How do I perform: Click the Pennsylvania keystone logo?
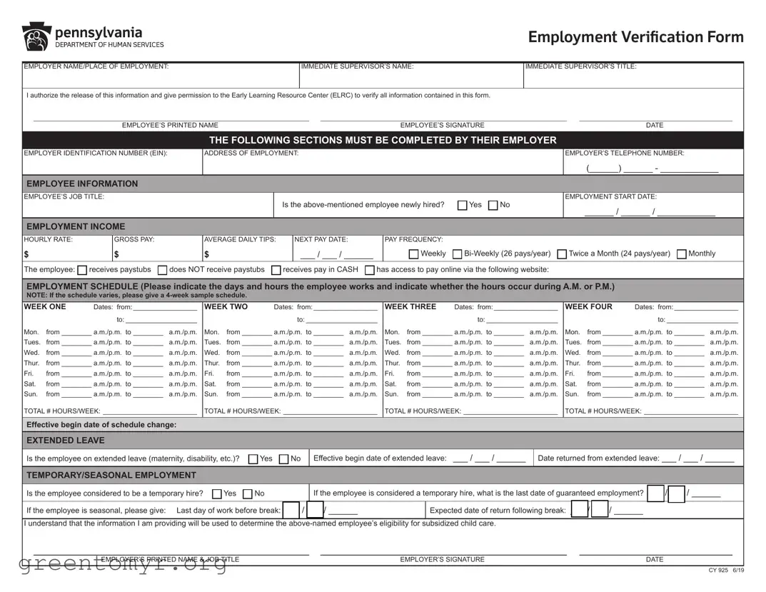(x=36, y=37)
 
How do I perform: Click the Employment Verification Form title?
(x=635, y=37)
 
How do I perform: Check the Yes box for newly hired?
(x=463, y=206)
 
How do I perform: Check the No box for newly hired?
(x=493, y=206)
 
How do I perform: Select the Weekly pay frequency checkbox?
(x=414, y=254)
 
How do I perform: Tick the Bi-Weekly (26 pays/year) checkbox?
(x=458, y=254)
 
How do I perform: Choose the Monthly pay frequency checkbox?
(x=682, y=254)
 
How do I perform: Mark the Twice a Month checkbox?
(x=562, y=254)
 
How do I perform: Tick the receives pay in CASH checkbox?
(x=276, y=270)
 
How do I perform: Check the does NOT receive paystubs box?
(x=162, y=270)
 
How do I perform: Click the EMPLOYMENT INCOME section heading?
(x=76, y=226)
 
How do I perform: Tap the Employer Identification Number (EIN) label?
(x=96, y=153)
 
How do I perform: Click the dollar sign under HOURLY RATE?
(x=26, y=254)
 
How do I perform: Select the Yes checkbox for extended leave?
(x=253, y=459)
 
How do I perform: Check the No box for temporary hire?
(x=248, y=494)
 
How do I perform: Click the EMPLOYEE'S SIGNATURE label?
(x=442, y=125)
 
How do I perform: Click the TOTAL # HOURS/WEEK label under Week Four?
(x=603, y=411)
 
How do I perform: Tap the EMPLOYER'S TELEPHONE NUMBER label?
(x=625, y=153)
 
